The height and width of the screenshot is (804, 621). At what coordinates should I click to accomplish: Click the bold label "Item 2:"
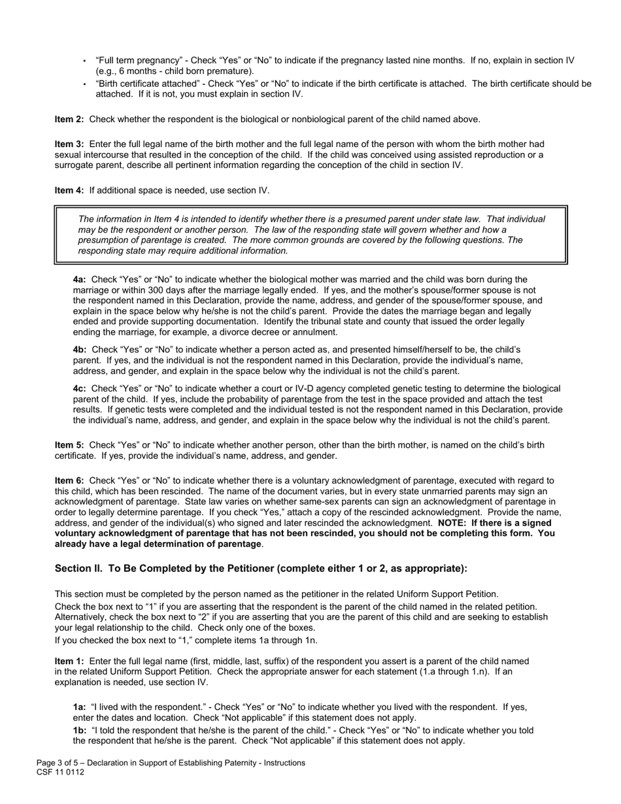click(69, 119)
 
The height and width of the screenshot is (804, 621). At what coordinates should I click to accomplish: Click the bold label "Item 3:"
click(69, 144)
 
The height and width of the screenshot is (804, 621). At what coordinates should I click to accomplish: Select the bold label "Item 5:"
click(69, 445)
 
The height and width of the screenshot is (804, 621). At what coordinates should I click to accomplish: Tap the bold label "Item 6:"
click(69, 480)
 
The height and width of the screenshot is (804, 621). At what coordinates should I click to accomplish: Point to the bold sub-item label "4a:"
click(80, 279)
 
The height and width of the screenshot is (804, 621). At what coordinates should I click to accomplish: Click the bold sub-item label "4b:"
click(80, 350)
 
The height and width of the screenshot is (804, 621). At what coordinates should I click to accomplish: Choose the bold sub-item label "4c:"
click(80, 388)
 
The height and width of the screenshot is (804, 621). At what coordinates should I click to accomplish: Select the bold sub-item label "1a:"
click(80, 707)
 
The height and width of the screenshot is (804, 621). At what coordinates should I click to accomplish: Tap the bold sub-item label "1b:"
click(80, 730)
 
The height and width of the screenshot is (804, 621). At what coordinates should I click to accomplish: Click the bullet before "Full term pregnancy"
click(84, 61)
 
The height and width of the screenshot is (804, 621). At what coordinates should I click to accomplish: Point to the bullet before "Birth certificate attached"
click(84, 84)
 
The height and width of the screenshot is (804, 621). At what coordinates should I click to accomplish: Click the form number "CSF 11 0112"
click(60, 772)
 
